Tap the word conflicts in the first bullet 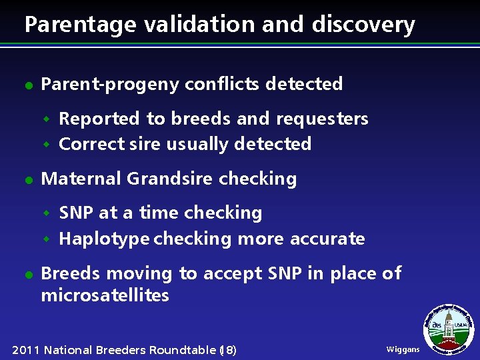(222, 84)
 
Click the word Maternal (81, 179)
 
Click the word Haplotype (104, 239)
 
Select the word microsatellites (105, 295)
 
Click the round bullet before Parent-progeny (28, 85)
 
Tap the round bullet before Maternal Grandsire (28, 180)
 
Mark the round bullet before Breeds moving (28, 275)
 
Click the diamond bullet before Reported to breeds (47, 119)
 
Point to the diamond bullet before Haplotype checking (47, 239)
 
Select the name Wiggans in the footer (403, 350)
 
